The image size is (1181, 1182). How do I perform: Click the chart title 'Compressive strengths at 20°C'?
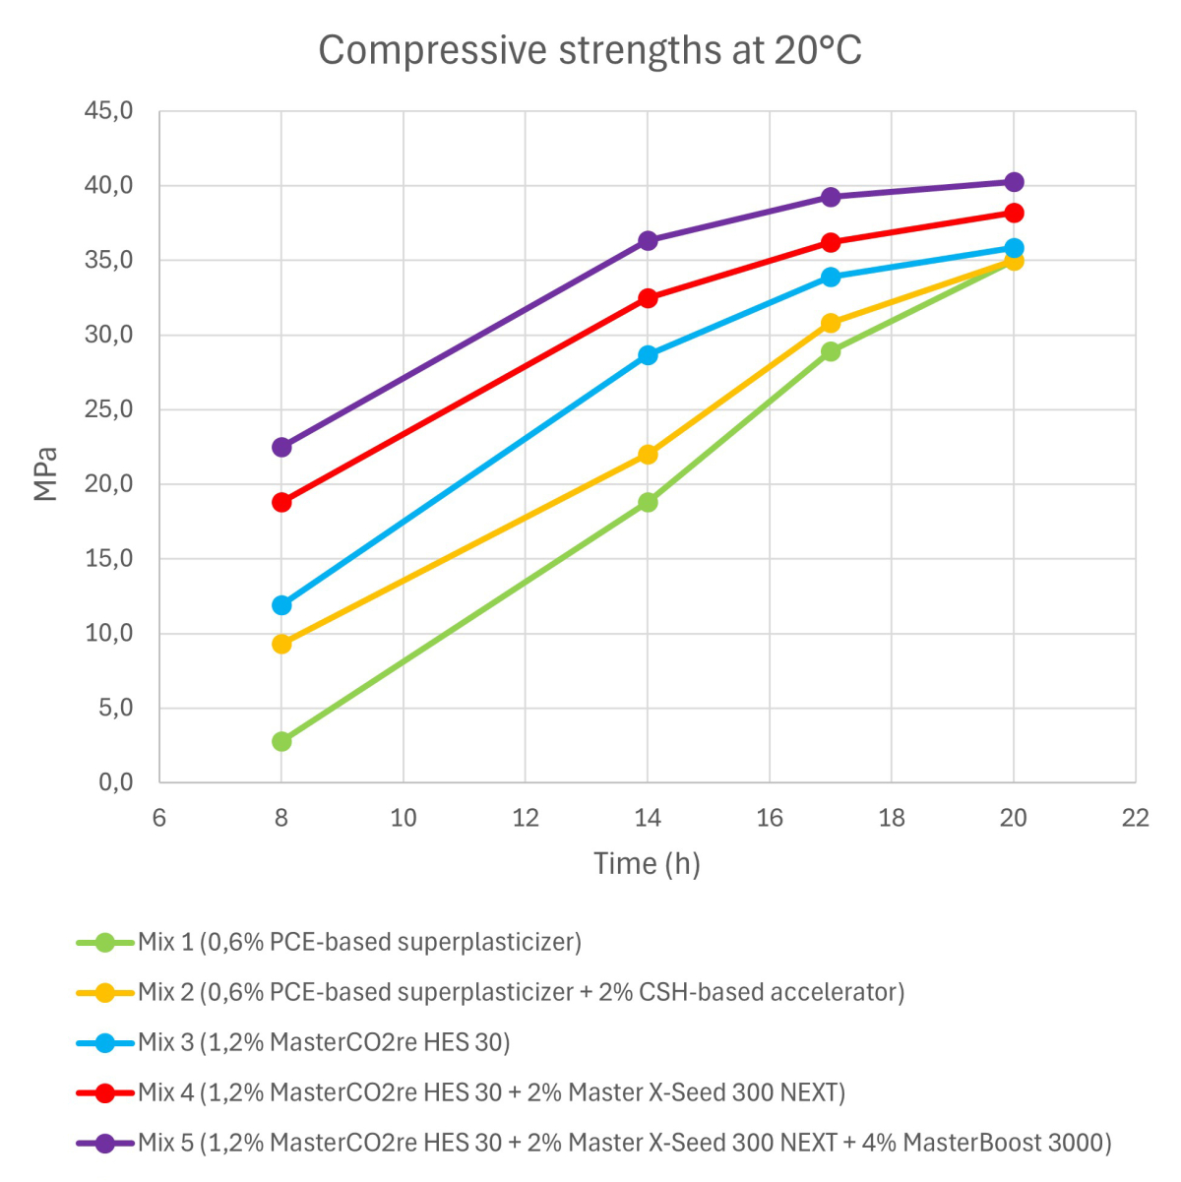coord(590,50)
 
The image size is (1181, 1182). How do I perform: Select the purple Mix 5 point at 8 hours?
coord(281,447)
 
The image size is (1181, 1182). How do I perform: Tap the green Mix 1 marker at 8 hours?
coord(281,741)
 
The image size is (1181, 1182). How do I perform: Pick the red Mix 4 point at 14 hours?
coord(648,298)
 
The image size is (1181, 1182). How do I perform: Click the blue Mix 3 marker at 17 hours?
coord(831,277)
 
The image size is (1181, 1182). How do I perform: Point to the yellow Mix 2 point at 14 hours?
coord(648,454)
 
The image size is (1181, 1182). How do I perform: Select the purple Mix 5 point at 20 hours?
coord(1014,182)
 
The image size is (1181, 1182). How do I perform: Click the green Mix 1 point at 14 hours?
coord(648,502)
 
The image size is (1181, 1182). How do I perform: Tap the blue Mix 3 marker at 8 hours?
coord(281,604)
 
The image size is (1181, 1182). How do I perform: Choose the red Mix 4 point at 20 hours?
coord(1014,213)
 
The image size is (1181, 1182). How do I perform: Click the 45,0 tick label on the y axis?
coord(108,111)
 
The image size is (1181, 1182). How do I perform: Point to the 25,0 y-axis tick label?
coord(108,409)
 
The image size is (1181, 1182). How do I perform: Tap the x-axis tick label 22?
coord(1135,818)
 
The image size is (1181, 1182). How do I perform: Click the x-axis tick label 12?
coord(526,818)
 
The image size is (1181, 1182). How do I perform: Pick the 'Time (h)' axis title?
coord(647,863)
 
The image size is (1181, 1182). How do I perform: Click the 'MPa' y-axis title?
coord(46,474)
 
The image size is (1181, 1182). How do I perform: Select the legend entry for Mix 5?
coord(624,1143)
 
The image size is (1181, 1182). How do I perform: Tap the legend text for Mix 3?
coord(324,1041)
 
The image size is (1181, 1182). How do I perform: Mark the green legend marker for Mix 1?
coord(104,942)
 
